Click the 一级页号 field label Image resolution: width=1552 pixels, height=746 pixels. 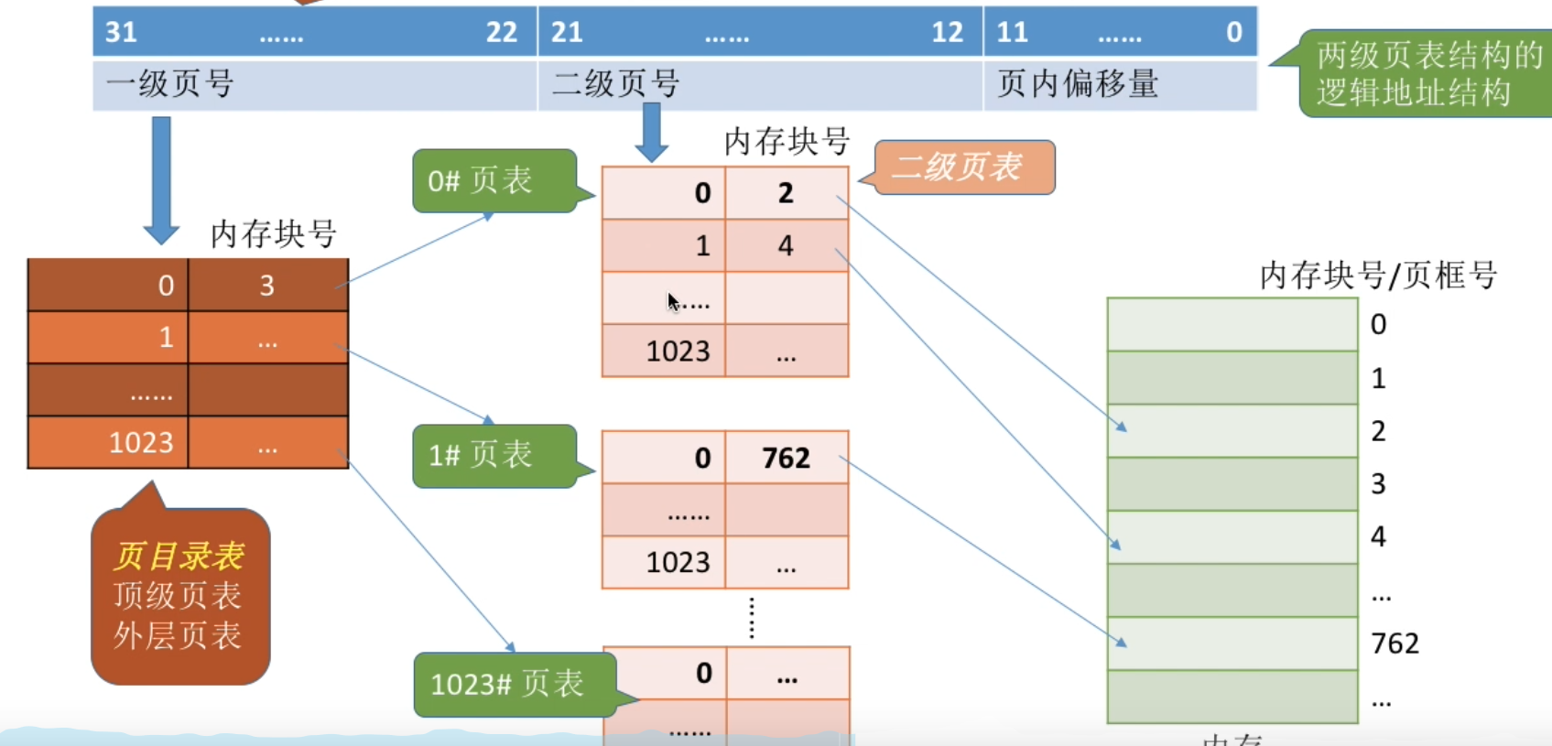pos(170,84)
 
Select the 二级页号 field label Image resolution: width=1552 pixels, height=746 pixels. pos(615,84)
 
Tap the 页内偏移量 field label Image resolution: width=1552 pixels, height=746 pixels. pos(1078,84)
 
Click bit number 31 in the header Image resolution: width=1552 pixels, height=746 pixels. pos(121,33)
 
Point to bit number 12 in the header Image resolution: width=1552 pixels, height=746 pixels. pos(947,33)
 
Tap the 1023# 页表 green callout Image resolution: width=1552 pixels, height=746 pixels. pos(513,684)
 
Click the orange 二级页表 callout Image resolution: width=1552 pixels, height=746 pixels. pos(963,167)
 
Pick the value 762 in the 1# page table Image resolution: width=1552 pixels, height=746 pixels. pos(786,458)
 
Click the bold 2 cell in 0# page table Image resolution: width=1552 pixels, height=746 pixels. pos(786,193)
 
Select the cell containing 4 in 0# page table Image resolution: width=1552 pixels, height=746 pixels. pos(786,245)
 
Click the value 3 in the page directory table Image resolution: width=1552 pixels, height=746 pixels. pos(266,286)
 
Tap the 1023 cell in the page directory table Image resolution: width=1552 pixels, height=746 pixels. pos(140,443)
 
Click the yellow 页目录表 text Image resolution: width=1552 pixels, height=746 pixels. pos(179,556)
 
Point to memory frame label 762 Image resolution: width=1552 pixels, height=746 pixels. pos(1395,643)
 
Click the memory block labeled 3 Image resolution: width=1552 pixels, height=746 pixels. pos(1232,483)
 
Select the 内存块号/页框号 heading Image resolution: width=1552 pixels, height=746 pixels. pos(1377,276)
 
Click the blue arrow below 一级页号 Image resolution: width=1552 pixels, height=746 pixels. pos(161,178)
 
